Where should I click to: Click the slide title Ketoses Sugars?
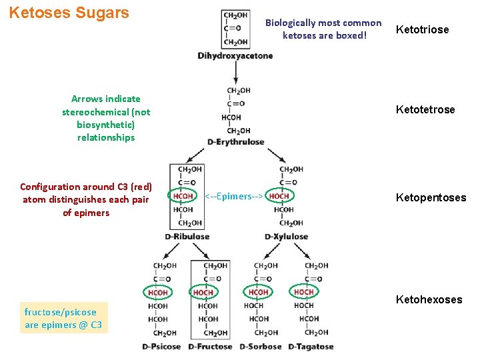pyautogui.click(x=69, y=13)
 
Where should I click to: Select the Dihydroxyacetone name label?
pyautogui.click(x=235, y=56)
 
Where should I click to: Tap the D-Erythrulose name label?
pyautogui.click(x=235, y=142)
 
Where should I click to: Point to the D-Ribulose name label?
pyautogui.click(x=187, y=237)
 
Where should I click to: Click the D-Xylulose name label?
pyautogui.click(x=286, y=237)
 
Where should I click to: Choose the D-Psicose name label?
pyautogui.click(x=161, y=347)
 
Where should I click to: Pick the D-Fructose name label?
pyautogui.click(x=210, y=347)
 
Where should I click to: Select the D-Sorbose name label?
pyautogui.click(x=261, y=347)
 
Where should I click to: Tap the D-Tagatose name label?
pyautogui.click(x=311, y=347)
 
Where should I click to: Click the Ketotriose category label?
pyautogui.click(x=423, y=29)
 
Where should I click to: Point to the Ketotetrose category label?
pyautogui.click(x=425, y=109)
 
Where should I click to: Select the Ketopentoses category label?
pyautogui.click(x=431, y=197)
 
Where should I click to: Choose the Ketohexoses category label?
pyautogui.click(x=429, y=299)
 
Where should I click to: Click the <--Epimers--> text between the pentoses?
pyautogui.click(x=233, y=197)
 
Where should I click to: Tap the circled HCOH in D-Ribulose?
pyautogui.click(x=183, y=196)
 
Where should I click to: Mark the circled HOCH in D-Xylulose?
pyautogui.click(x=279, y=196)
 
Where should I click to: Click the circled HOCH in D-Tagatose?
pyautogui.click(x=304, y=292)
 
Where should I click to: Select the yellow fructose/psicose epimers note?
pyautogui.click(x=63, y=319)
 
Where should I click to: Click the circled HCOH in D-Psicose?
pyautogui.click(x=158, y=292)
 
